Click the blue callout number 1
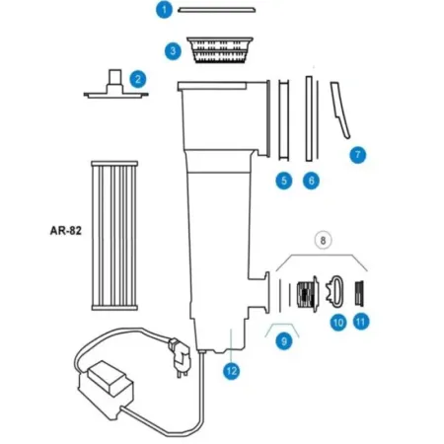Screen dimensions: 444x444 pos(165,9)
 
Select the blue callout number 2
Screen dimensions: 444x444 pos(138,78)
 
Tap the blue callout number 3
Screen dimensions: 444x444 pos(172,48)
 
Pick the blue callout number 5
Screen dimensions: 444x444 pos(283,181)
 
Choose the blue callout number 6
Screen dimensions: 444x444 pos(312,181)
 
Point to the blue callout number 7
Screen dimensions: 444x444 pos(358,154)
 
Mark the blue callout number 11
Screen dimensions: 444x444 pos(361,321)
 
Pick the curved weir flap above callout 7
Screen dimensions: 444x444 pos(341,111)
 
